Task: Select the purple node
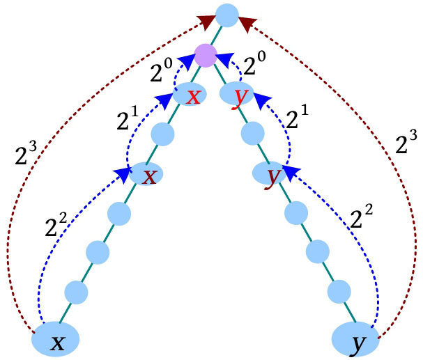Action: [x=206, y=54]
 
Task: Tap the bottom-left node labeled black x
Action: [x=58, y=340]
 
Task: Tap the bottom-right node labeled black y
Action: [x=356, y=340]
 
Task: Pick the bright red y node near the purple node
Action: [x=238, y=95]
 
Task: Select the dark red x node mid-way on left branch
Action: [x=146, y=175]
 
